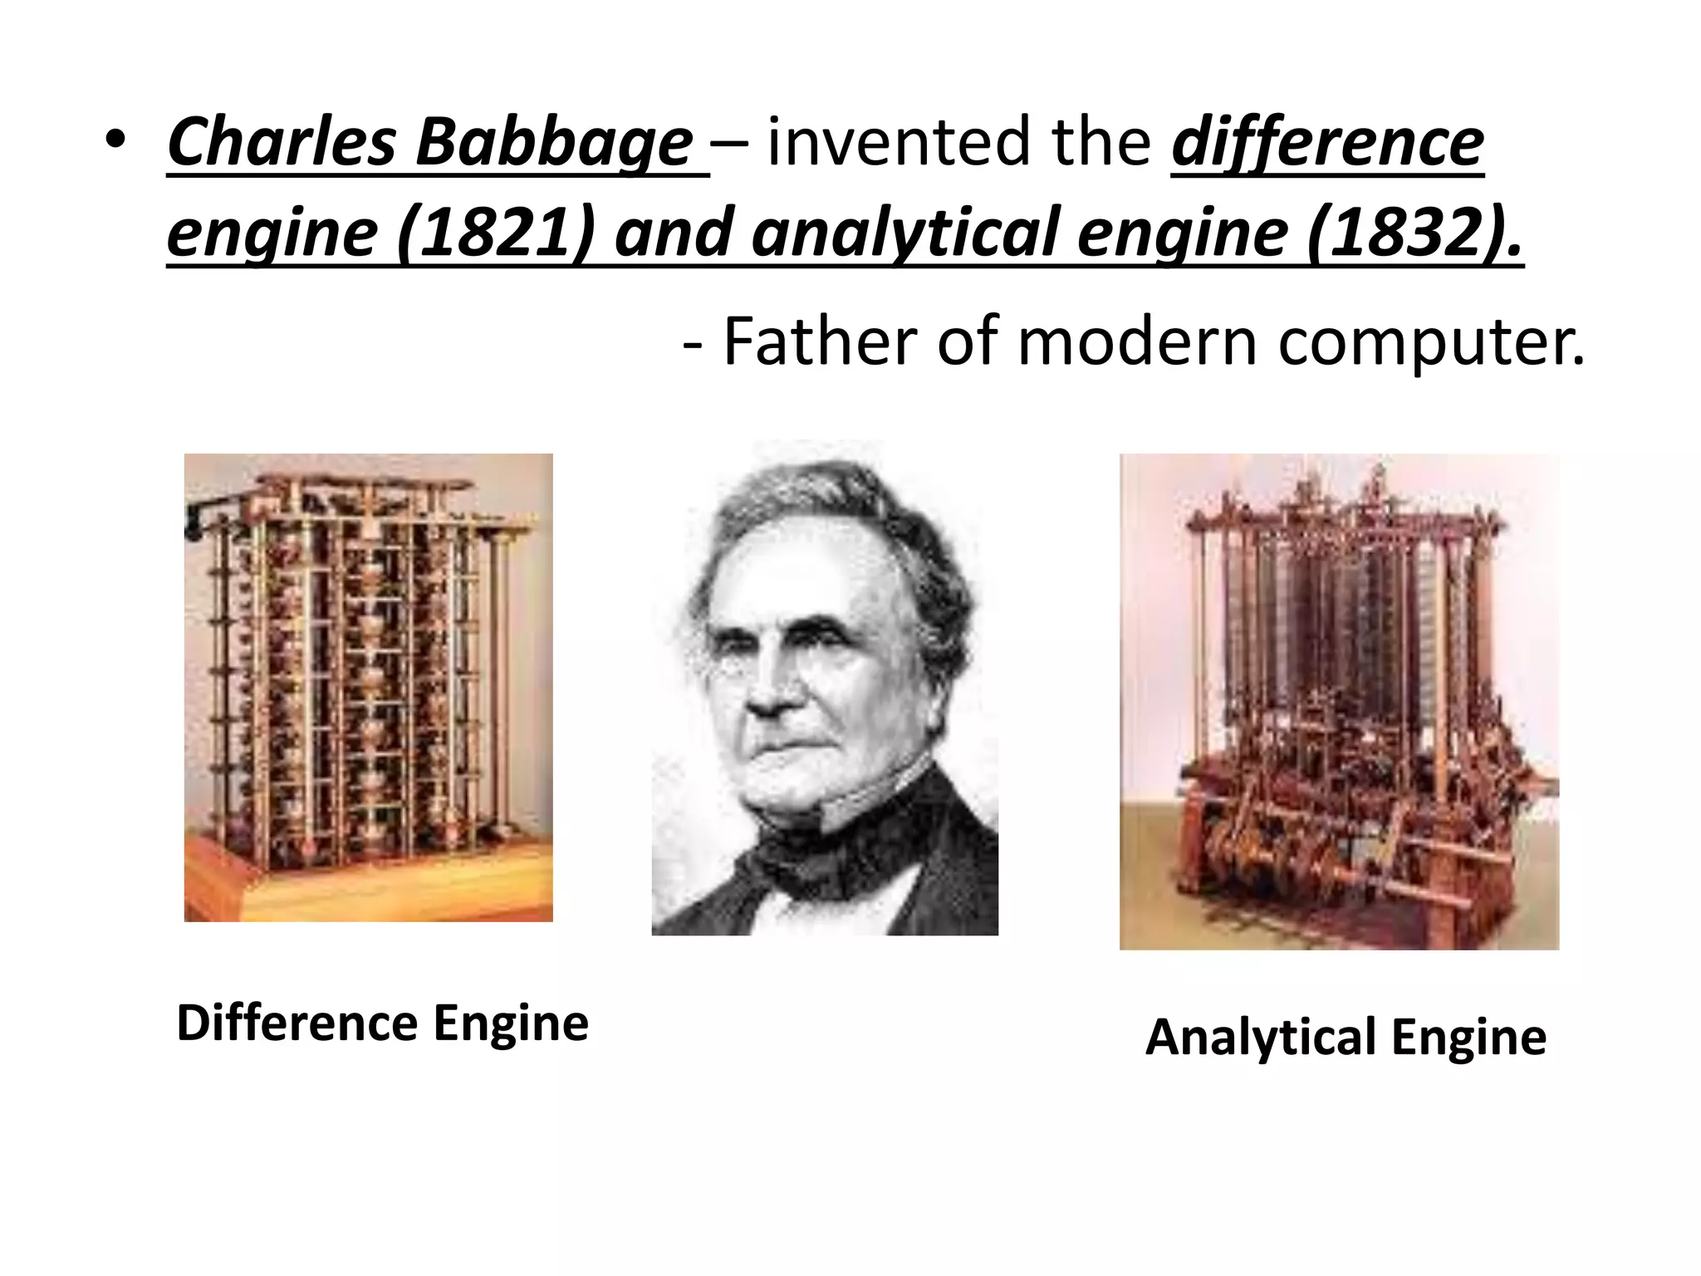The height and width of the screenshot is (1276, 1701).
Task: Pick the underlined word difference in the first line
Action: (1326, 142)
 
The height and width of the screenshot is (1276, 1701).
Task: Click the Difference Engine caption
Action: (382, 1023)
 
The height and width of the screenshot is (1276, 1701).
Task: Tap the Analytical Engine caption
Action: (1346, 1037)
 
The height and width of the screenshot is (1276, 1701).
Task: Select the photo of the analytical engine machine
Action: (1339, 702)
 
